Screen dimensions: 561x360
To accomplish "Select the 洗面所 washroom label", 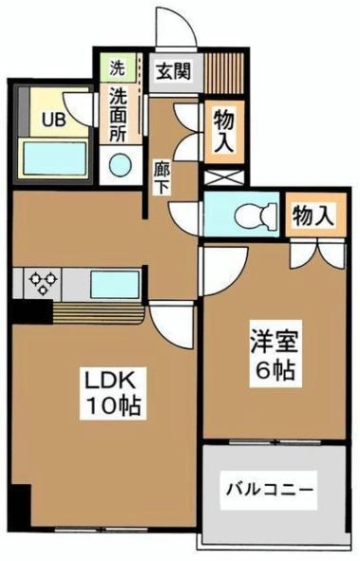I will click(x=119, y=111).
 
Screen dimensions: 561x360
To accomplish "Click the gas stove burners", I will click(x=43, y=281).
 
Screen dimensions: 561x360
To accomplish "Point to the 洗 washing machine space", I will click(x=117, y=68).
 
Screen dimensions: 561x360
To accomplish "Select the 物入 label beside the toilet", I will click(x=313, y=215).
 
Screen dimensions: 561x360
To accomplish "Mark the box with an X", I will click(x=224, y=176).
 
